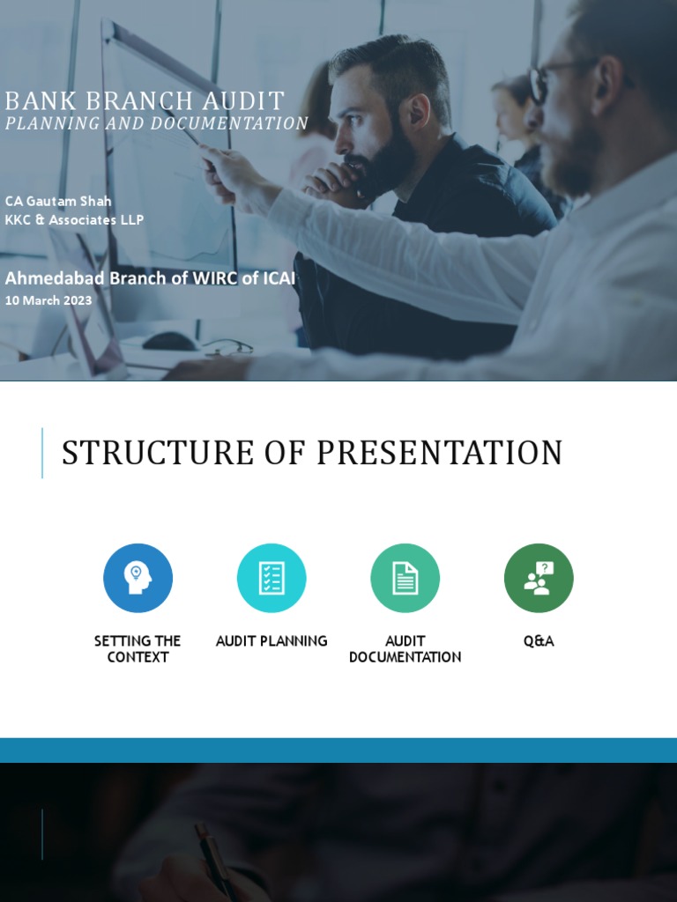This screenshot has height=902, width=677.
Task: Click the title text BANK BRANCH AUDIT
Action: pyautogui.click(x=145, y=101)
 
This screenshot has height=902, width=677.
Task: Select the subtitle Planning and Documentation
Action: pyautogui.click(x=156, y=123)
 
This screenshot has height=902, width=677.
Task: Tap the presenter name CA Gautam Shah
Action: pyautogui.click(x=58, y=201)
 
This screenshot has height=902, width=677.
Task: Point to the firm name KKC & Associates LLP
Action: pyautogui.click(x=74, y=219)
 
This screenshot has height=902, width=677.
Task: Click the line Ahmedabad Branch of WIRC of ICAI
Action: pyautogui.click(x=150, y=278)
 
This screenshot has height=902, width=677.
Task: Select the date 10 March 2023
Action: pyautogui.click(x=48, y=300)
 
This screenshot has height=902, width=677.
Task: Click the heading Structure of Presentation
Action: pyautogui.click(x=311, y=453)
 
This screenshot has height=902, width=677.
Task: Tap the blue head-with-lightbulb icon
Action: pyautogui.click(x=138, y=578)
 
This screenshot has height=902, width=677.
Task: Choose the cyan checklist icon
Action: pyautogui.click(x=272, y=578)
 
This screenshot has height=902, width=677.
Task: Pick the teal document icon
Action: pyautogui.click(x=405, y=578)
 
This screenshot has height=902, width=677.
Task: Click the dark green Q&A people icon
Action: pyautogui.click(x=539, y=578)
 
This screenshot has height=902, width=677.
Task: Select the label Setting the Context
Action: pyautogui.click(x=138, y=648)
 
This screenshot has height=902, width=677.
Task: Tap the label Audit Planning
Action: pyautogui.click(x=272, y=640)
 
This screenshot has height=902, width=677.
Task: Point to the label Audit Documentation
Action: pyautogui.click(x=405, y=648)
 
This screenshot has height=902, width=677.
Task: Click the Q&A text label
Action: pyautogui.click(x=539, y=640)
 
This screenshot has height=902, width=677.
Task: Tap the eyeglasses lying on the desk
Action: pyautogui.click(x=228, y=347)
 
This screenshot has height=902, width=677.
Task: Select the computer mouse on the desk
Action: pyautogui.click(x=169, y=340)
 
